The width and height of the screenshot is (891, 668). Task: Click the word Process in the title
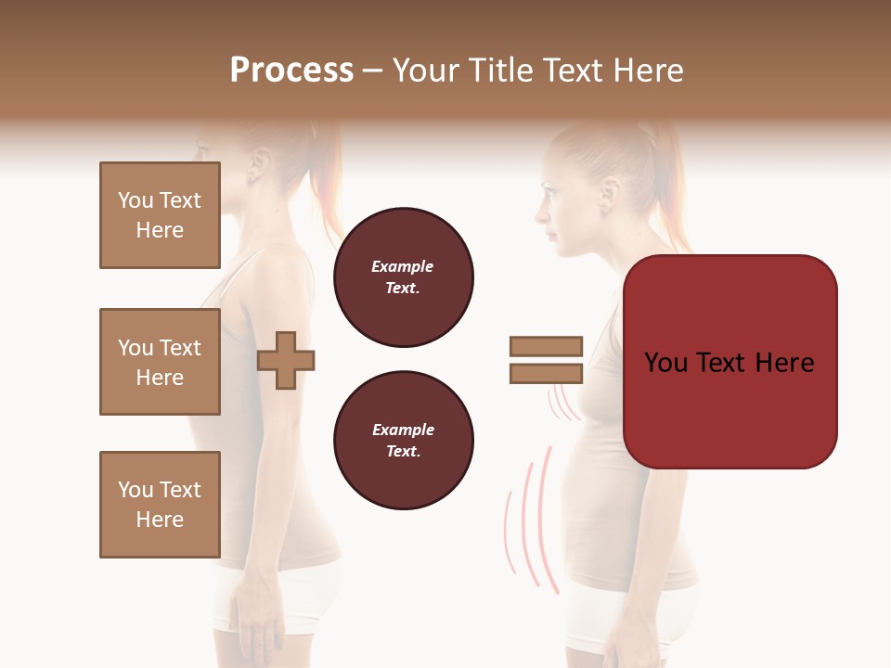point(291,71)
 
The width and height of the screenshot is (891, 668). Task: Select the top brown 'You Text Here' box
point(160,215)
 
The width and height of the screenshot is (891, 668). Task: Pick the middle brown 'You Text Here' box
point(160,362)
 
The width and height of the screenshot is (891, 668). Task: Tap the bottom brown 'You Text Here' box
point(160,505)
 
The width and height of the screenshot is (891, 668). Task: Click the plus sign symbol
point(286,360)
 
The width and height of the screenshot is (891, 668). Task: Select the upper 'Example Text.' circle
point(403,277)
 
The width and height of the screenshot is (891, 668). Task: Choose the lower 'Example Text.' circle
point(403,440)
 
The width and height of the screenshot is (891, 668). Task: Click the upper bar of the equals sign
point(546,346)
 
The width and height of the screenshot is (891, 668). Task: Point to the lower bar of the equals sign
point(546,373)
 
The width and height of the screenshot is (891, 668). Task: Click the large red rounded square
point(730,362)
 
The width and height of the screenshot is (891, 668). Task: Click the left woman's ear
point(259,166)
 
